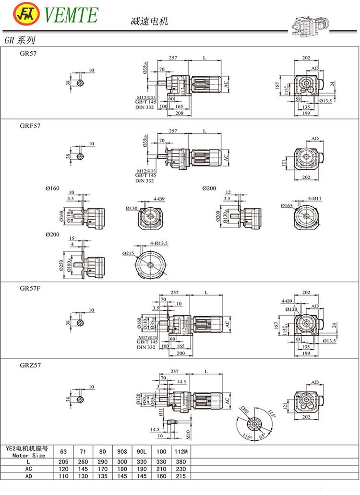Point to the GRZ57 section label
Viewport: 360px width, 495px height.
(x=30, y=365)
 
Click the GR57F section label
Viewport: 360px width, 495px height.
(x=30, y=288)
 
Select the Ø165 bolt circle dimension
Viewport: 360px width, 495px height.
(x=287, y=206)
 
